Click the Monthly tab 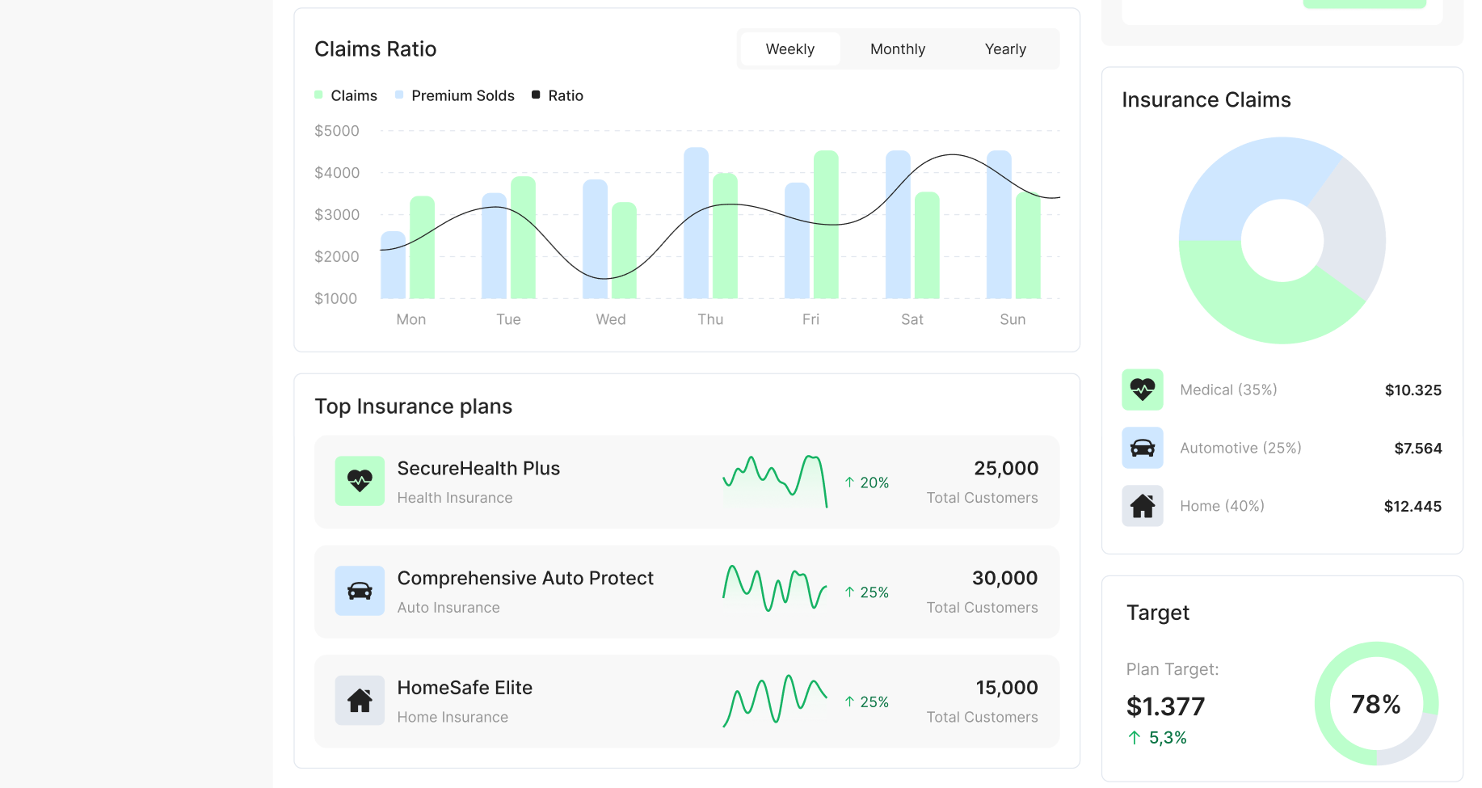point(897,49)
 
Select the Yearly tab point(1005,49)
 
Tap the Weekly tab point(789,49)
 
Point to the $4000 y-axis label point(337,173)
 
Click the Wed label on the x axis point(611,319)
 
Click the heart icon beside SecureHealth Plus point(360,481)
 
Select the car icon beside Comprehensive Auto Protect point(360,591)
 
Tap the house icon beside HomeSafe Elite point(360,700)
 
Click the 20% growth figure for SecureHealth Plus point(867,482)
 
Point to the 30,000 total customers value point(1004,578)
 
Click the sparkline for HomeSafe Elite point(774,700)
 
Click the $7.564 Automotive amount point(1417,449)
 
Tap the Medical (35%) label point(1228,390)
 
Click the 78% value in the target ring point(1375,704)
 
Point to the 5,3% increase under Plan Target point(1167,738)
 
